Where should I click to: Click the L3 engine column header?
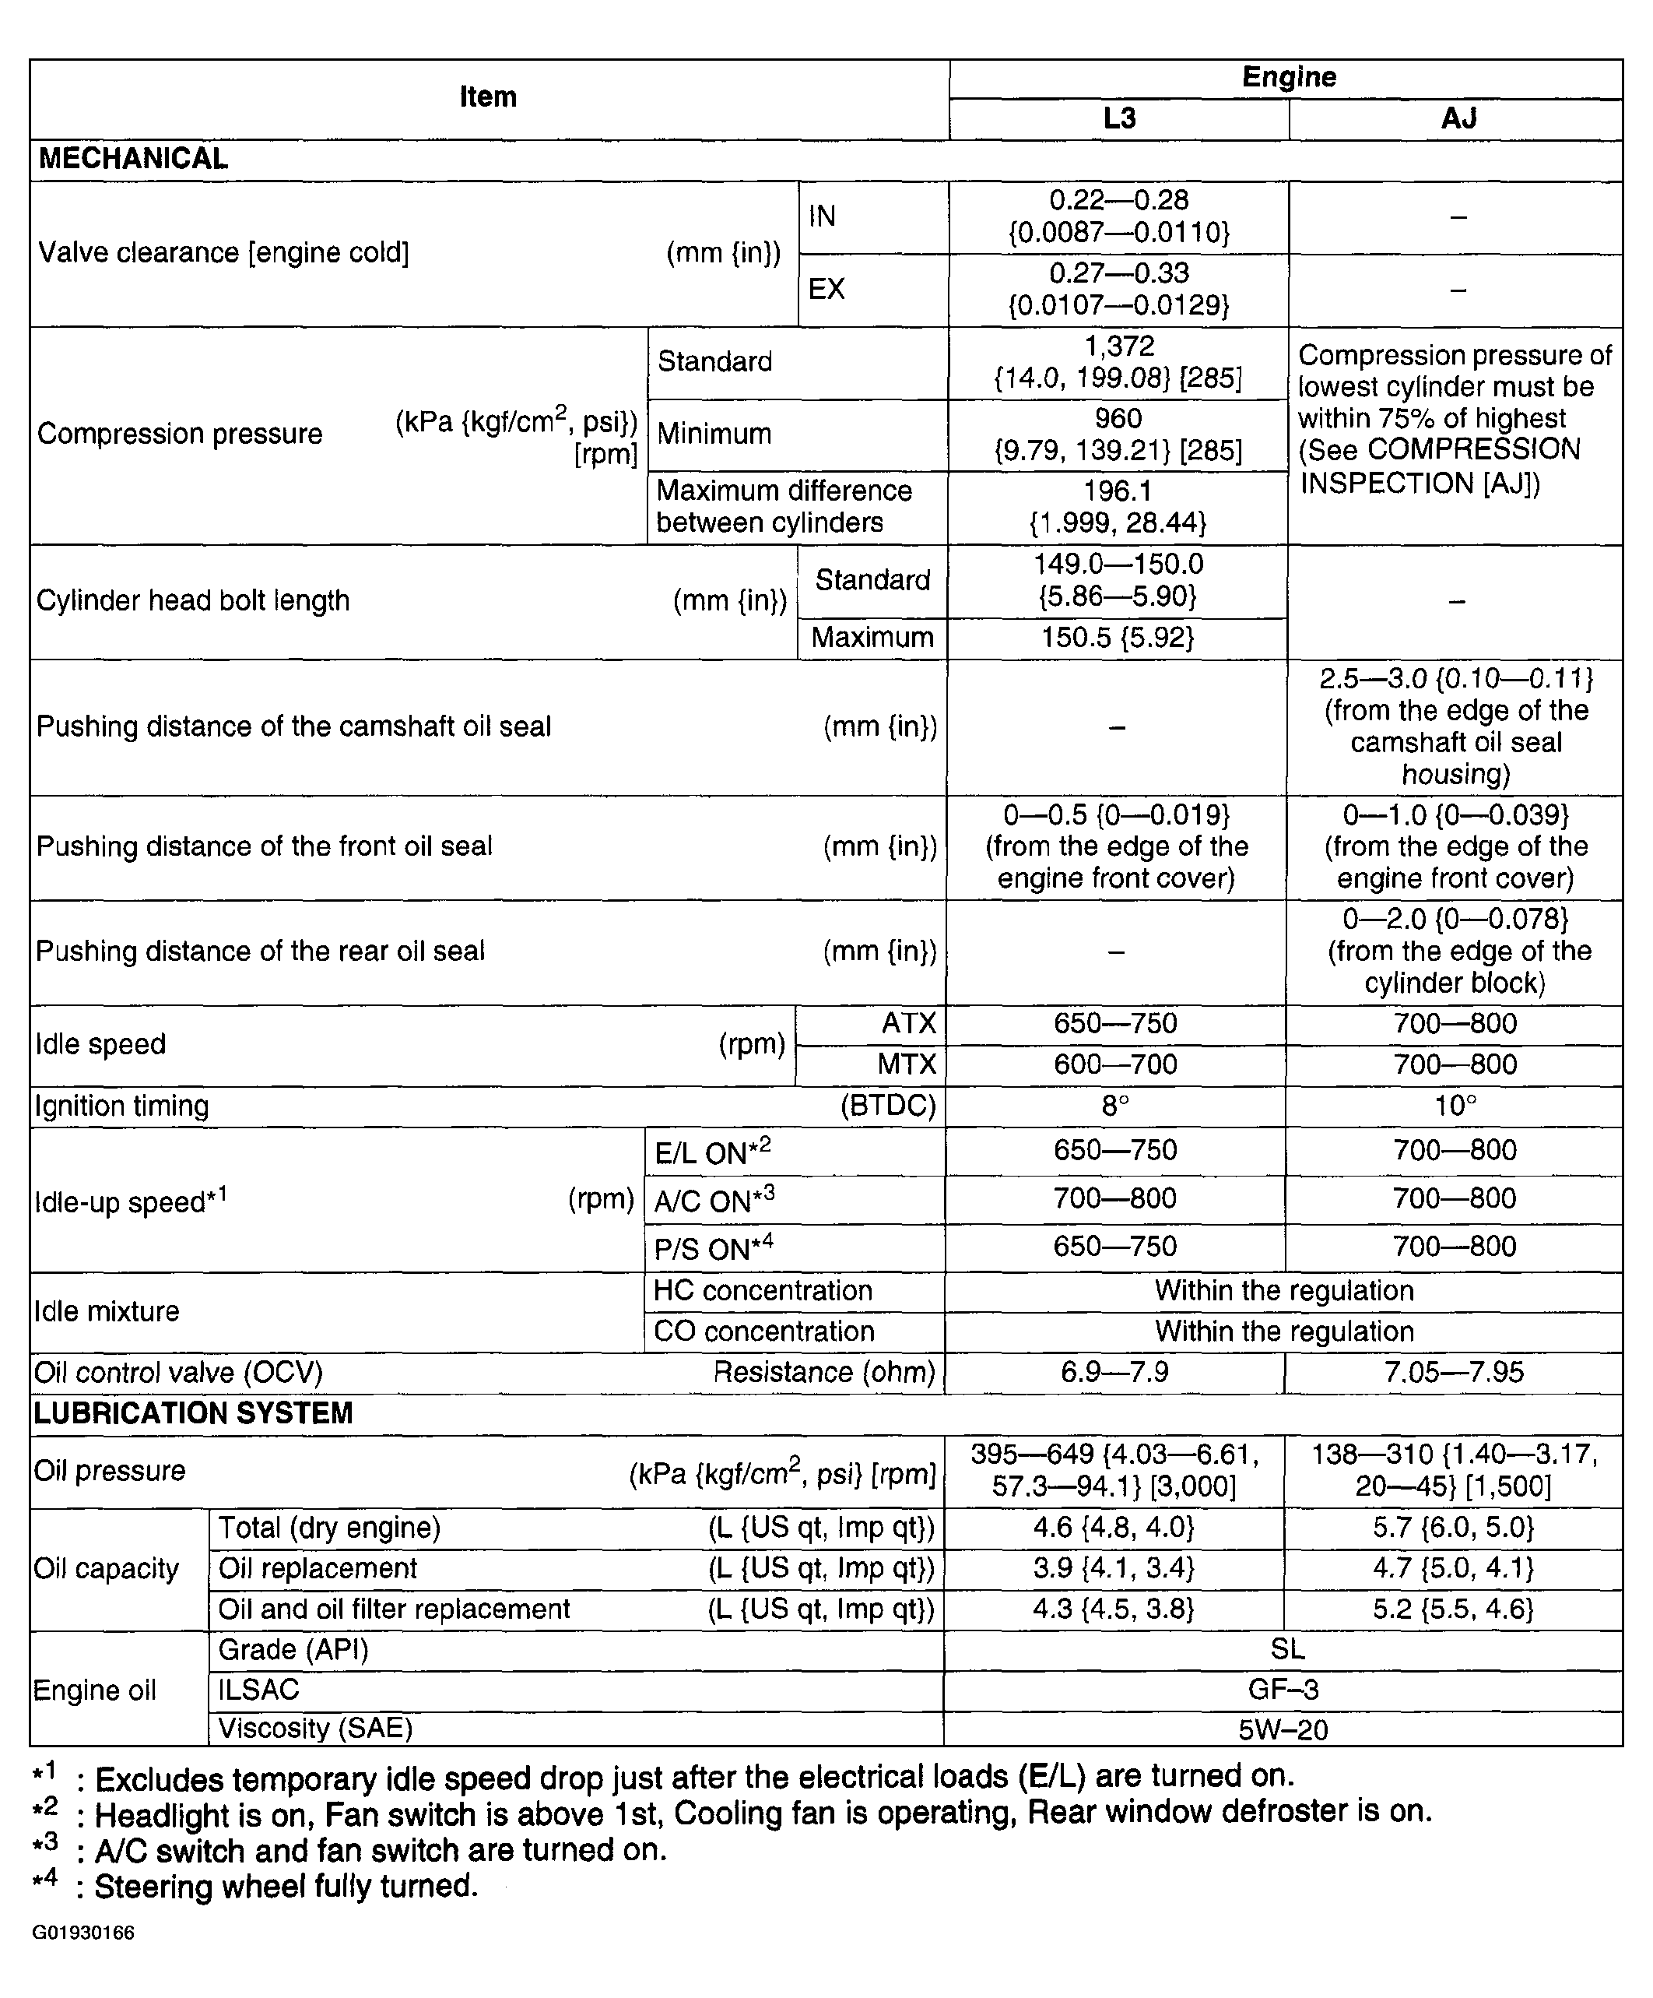[x=1119, y=119]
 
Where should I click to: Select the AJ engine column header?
[x=1457, y=119]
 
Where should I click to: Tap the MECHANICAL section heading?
[x=133, y=159]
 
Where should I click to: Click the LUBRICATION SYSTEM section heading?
[x=193, y=1413]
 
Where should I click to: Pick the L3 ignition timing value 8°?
[x=1116, y=1106]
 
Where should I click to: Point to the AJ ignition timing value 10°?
[x=1455, y=1106]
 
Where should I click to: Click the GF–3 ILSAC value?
[x=1283, y=1690]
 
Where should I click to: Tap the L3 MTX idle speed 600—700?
[x=1116, y=1064]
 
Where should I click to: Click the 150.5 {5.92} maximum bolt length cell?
[x=1118, y=638]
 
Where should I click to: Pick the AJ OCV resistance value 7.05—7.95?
[x=1455, y=1372]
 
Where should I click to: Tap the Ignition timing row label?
[x=121, y=1106]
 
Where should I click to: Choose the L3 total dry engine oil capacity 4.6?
[x=1114, y=1528]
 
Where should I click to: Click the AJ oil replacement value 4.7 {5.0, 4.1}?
[x=1453, y=1568]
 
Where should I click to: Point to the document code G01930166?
[x=84, y=1933]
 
